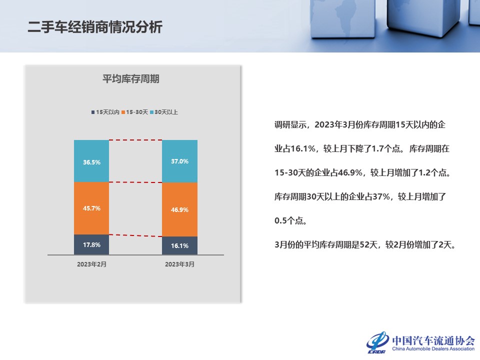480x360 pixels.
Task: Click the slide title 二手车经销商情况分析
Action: point(95,27)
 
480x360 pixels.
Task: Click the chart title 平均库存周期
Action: point(130,78)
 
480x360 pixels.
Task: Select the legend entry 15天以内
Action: point(105,112)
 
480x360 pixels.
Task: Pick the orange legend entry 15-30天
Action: point(134,112)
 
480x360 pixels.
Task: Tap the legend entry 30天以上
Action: point(164,112)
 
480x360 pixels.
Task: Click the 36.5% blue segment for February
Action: point(91,161)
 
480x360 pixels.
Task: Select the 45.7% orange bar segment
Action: point(91,208)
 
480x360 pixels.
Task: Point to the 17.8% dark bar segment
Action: point(91,244)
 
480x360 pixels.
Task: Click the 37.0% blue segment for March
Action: point(179,161)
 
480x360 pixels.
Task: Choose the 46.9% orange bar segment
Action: point(179,209)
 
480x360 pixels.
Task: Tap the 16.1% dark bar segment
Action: point(179,245)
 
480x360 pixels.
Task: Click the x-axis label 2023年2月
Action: point(91,264)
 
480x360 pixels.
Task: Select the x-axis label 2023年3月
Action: point(179,264)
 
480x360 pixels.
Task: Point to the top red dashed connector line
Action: point(135,140)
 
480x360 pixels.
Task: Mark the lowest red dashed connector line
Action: point(135,235)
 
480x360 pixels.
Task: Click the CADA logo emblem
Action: point(377,342)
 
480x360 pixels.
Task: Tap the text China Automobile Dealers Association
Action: point(433,348)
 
